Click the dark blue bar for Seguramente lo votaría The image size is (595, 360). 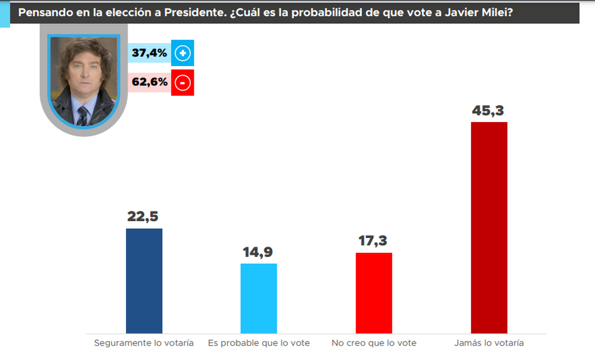(144, 281)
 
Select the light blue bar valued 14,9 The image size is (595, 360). (259, 298)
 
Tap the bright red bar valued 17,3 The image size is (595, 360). (374, 293)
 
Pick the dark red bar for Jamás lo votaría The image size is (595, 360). (489, 227)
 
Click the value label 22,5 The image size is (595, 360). (144, 217)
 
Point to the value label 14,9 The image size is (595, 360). (258, 252)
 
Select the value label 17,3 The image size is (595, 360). (374, 241)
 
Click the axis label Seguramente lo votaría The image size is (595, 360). (144, 343)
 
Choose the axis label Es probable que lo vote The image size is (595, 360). (259, 343)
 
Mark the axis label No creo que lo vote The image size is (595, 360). (374, 343)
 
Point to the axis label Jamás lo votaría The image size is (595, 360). (488, 343)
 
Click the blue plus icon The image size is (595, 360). (182, 53)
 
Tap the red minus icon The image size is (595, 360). (182, 83)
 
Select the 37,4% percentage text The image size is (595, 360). (149, 53)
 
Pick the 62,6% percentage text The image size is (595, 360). (149, 83)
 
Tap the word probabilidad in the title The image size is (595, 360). (317, 13)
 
